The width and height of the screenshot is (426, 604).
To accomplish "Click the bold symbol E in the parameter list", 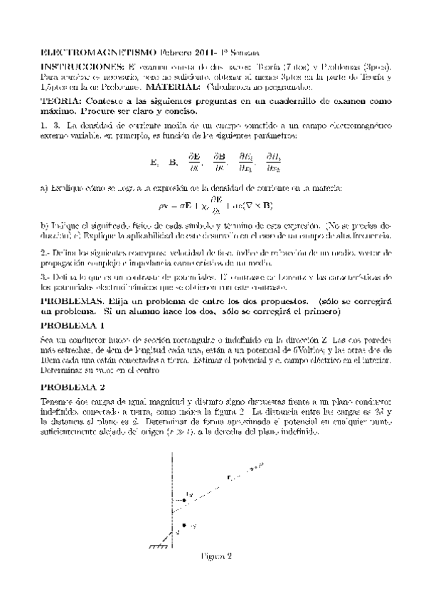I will [154, 162].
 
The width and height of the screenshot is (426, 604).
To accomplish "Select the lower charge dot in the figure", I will [184, 525].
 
